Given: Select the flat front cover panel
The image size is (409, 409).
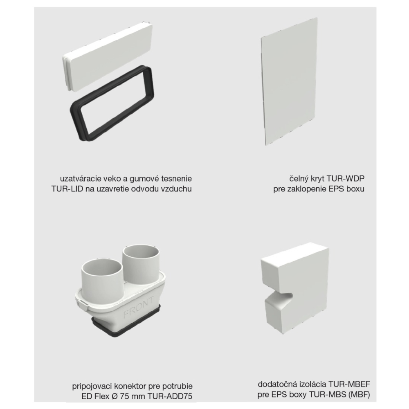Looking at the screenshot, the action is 289,81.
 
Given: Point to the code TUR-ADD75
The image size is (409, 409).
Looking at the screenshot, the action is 170,396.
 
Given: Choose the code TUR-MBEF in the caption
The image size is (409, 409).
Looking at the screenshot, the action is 349,384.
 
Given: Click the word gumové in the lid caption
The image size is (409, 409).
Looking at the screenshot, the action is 144,179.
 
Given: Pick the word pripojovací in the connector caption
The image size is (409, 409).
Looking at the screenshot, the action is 91,387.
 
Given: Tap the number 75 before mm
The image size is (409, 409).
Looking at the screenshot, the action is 125,396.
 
